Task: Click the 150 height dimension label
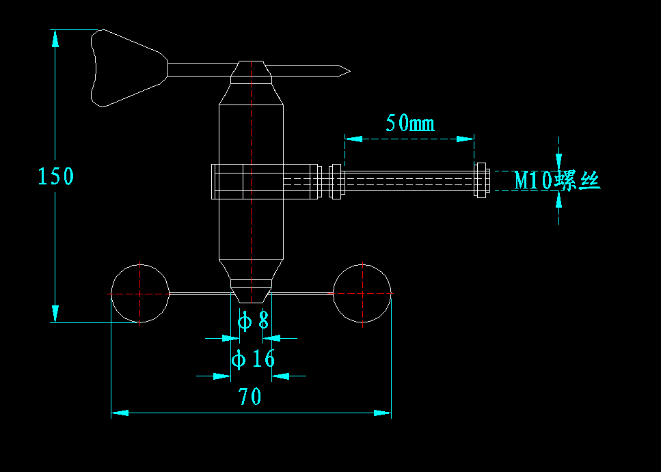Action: point(55,176)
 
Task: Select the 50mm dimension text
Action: point(410,123)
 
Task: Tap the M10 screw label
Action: point(557,181)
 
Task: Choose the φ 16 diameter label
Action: point(253,359)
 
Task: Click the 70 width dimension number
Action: point(249,396)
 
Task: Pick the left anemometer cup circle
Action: point(140,294)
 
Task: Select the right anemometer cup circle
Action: point(362,293)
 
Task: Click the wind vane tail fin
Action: point(129,68)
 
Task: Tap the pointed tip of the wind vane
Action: point(350,71)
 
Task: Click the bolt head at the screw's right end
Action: point(481,180)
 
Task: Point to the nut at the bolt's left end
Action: point(336,182)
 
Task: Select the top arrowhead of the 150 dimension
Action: point(55,38)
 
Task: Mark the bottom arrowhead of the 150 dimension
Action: point(55,314)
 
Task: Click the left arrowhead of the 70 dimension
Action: point(120,413)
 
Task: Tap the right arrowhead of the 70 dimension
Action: point(382,413)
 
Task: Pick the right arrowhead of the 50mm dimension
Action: point(466,139)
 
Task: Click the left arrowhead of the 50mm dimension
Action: point(353,139)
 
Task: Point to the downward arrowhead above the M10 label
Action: point(559,163)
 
